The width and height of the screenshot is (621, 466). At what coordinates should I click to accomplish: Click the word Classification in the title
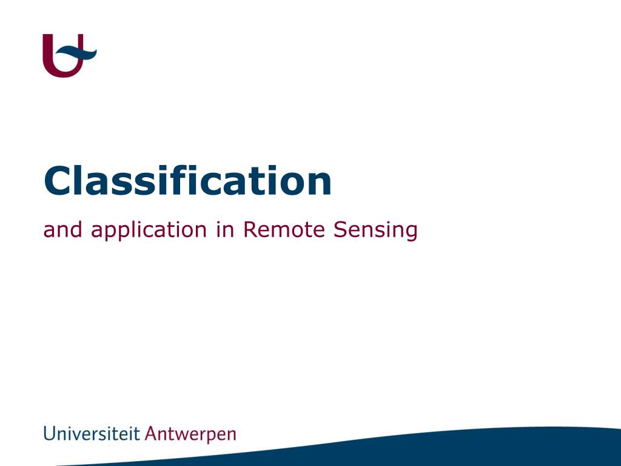point(187,181)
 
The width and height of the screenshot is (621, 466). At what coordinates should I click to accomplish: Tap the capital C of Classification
point(58,181)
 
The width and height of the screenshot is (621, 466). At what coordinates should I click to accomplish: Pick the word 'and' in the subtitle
point(62,229)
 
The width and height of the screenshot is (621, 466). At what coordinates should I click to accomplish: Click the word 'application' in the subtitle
point(149,231)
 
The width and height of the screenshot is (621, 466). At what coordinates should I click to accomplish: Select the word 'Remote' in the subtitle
point(284,229)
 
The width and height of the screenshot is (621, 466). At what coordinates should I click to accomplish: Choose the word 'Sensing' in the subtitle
point(375,231)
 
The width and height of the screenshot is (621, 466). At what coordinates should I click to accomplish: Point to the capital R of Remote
point(250,229)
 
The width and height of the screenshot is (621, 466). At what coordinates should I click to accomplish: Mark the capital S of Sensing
point(340,229)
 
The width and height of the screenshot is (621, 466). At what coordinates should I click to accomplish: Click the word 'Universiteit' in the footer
point(92,433)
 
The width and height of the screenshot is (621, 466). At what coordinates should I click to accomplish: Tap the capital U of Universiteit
point(49,434)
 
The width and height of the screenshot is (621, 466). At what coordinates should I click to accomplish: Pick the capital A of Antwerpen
point(151,433)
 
